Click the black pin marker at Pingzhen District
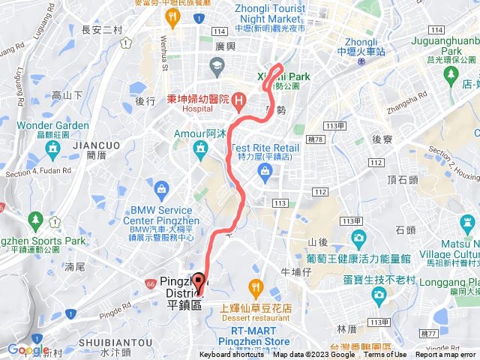tap(199, 283)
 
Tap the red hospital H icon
tap(238, 98)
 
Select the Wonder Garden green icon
tap(52, 150)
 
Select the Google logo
tap(28, 349)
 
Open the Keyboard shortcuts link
tap(232, 355)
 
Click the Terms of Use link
tap(385, 355)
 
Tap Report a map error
tap(447, 355)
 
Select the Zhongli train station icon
tap(362, 63)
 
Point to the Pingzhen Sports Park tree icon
tap(34, 220)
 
